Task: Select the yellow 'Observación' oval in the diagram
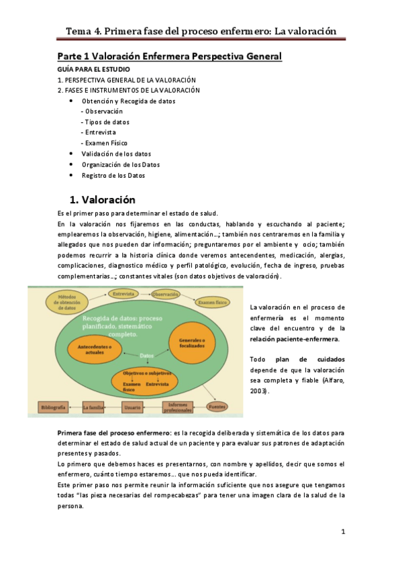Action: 166,294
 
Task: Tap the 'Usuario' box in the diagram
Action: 132,407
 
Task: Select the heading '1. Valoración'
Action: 103,200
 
